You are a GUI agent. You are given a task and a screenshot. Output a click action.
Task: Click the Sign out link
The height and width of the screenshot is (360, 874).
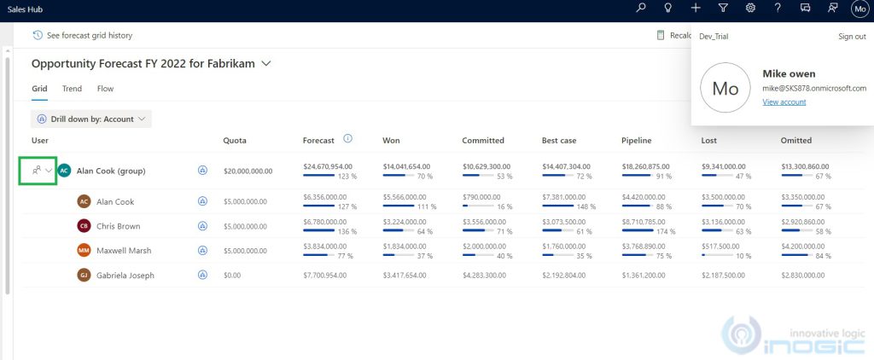pos(852,37)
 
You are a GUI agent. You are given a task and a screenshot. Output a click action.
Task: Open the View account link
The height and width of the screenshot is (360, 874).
pos(784,102)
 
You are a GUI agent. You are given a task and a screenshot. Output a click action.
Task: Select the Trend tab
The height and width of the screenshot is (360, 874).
pos(72,89)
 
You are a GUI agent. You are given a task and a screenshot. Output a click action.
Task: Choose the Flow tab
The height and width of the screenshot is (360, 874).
pos(105,89)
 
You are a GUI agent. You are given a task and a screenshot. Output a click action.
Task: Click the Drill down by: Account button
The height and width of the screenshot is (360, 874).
pos(91,119)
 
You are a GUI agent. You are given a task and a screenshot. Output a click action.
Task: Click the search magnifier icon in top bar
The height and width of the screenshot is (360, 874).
pos(642,8)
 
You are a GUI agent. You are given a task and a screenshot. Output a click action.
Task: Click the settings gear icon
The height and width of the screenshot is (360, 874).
pos(750,8)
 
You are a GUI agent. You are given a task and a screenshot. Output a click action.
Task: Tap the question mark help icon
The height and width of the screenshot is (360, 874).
pos(778,8)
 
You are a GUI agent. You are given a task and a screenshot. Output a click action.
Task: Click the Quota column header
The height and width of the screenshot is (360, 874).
pos(235,141)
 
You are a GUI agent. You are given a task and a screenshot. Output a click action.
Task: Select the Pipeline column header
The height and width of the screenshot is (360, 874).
pos(638,141)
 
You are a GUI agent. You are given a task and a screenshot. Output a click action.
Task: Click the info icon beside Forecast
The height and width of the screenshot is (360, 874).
pos(348,139)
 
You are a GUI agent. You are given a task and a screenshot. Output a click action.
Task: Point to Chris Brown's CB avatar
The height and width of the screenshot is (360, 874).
pos(84,226)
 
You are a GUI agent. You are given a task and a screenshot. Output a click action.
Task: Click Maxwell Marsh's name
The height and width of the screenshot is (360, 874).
pos(125,251)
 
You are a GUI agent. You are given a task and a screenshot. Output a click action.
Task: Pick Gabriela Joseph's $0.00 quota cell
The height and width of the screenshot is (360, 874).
pos(233,276)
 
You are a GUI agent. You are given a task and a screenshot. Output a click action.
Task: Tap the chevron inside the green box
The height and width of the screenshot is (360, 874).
pos(50,171)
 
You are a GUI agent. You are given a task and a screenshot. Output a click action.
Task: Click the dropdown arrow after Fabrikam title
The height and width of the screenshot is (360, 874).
pos(267,64)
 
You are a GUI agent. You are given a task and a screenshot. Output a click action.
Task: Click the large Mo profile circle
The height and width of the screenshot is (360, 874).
pos(725,89)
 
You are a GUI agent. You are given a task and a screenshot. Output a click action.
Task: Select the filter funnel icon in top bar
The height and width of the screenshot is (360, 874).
pos(723,8)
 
